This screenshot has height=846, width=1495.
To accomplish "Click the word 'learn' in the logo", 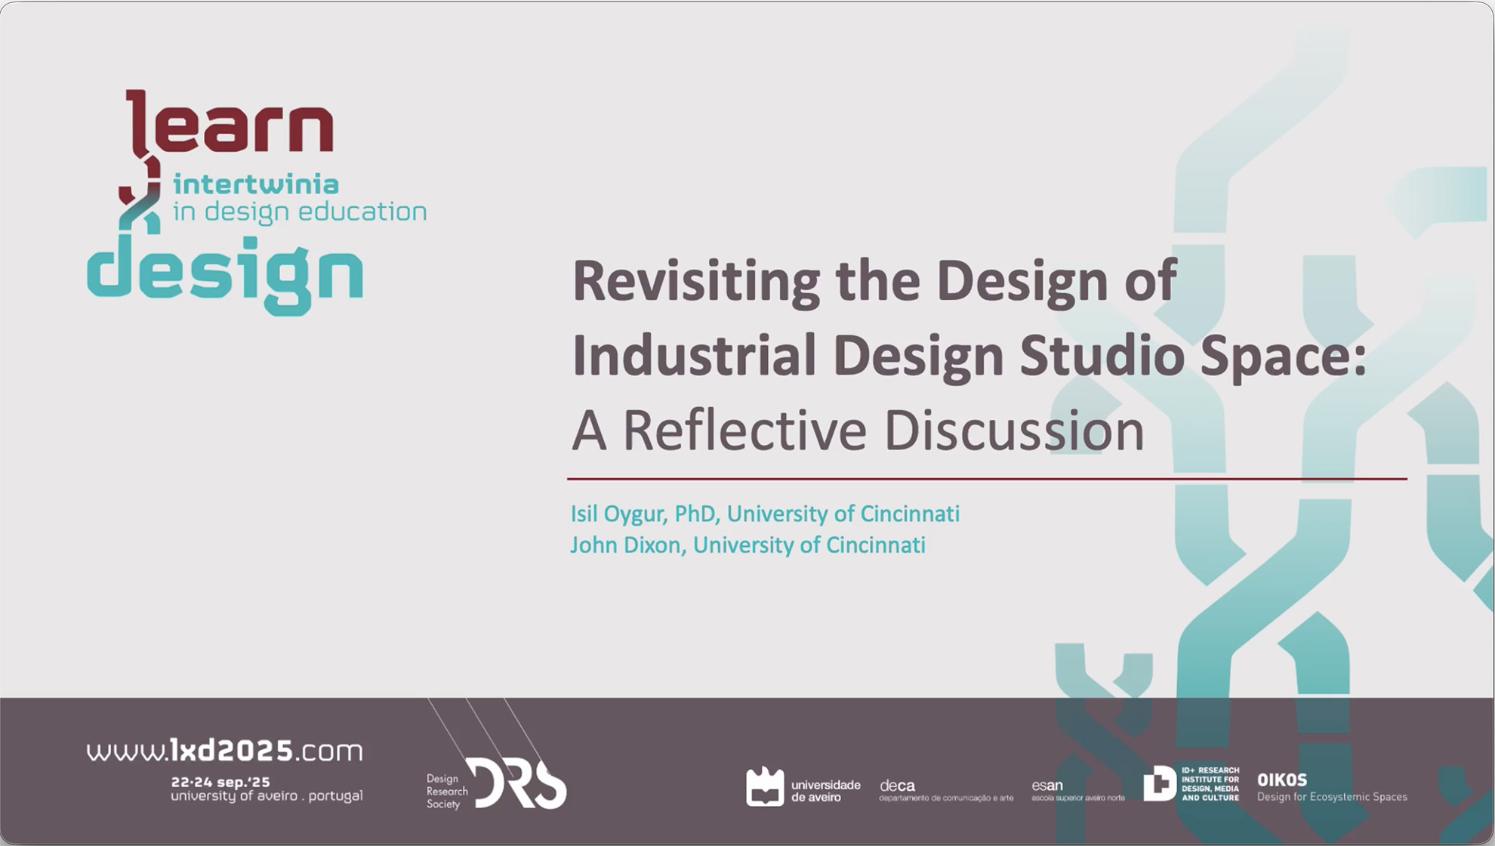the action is [x=230, y=122].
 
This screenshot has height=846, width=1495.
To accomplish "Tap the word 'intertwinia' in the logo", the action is [x=256, y=184].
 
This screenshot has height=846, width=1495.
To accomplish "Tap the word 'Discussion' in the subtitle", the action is [x=1014, y=430].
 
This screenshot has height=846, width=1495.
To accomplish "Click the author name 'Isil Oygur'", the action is [x=617, y=514].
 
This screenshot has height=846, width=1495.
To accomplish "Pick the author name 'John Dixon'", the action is [x=626, y=545].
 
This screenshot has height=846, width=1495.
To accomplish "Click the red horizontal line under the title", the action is [x=987, y=478].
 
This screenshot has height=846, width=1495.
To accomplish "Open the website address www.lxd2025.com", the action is [x=224, y=751].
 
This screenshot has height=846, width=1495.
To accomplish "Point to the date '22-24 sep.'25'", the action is [x=220, y=782].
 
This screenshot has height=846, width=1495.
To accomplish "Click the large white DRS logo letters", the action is [x=516, y=783].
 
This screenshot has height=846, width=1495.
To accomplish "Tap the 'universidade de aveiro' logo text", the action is [x=825, y=791].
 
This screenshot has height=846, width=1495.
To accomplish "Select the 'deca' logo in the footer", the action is [x=897, y=786].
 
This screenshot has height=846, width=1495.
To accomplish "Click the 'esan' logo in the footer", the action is [x=1046, y=786].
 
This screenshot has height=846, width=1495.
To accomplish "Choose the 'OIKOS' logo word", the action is [x=1281, y=780].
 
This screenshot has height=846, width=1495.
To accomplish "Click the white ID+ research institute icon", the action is [x=1159, y=783].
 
